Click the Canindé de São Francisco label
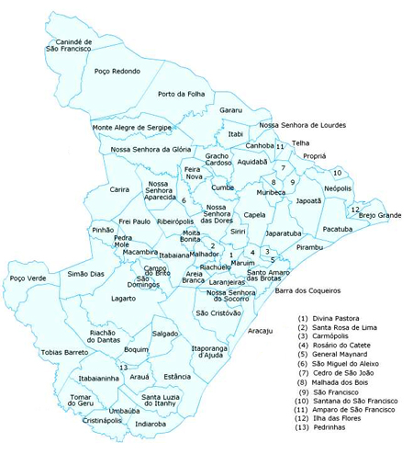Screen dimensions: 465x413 pyautogui.click(x=71, y=46)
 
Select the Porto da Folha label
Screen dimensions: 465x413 pyautogui.click(x=181, y=94)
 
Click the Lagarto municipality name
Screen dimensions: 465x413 pyautogui.click(x=123, y=299)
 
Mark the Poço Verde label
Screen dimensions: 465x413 pyautogui.click(x=28, y=278)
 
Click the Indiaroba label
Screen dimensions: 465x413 pyautogui.click(x=151, y=425)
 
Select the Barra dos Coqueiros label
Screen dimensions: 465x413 pyautogui.click(x=307, y=291)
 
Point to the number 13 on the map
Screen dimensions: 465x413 pyautogui.click(x=123, y=367)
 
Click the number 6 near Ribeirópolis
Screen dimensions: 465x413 pyautogui.click(x=184, y=200)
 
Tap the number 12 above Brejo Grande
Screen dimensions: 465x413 pyautogui.click(x=354, y=209)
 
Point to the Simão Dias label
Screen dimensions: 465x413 pyautogui.click(x=86, y=274)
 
